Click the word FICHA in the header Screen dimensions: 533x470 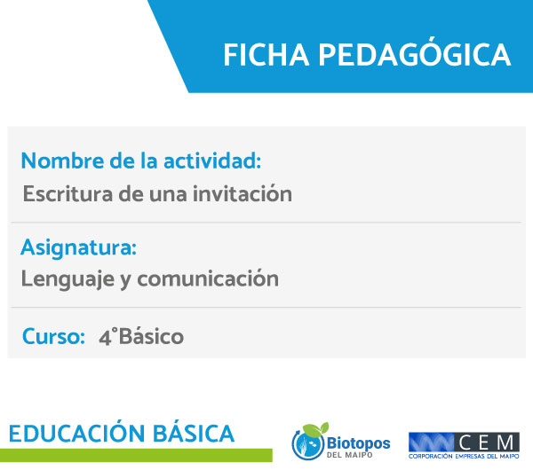266,55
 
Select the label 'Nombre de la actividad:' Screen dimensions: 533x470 141,161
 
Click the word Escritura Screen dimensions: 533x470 68,194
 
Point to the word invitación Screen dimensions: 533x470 243,193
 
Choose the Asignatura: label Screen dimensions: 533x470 78,247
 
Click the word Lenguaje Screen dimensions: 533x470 68,279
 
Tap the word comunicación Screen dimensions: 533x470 208,278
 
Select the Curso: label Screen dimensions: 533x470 53,336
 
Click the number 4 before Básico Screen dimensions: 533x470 105,337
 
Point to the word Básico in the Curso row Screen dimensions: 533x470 151,336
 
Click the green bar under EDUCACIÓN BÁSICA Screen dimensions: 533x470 136,455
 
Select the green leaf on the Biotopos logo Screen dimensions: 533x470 316,429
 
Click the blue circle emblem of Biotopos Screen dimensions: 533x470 308,445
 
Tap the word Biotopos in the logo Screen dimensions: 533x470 358,443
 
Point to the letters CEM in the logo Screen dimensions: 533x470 487,443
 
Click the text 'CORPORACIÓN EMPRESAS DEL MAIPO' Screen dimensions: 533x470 464,457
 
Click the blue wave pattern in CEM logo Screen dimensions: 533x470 432,443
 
